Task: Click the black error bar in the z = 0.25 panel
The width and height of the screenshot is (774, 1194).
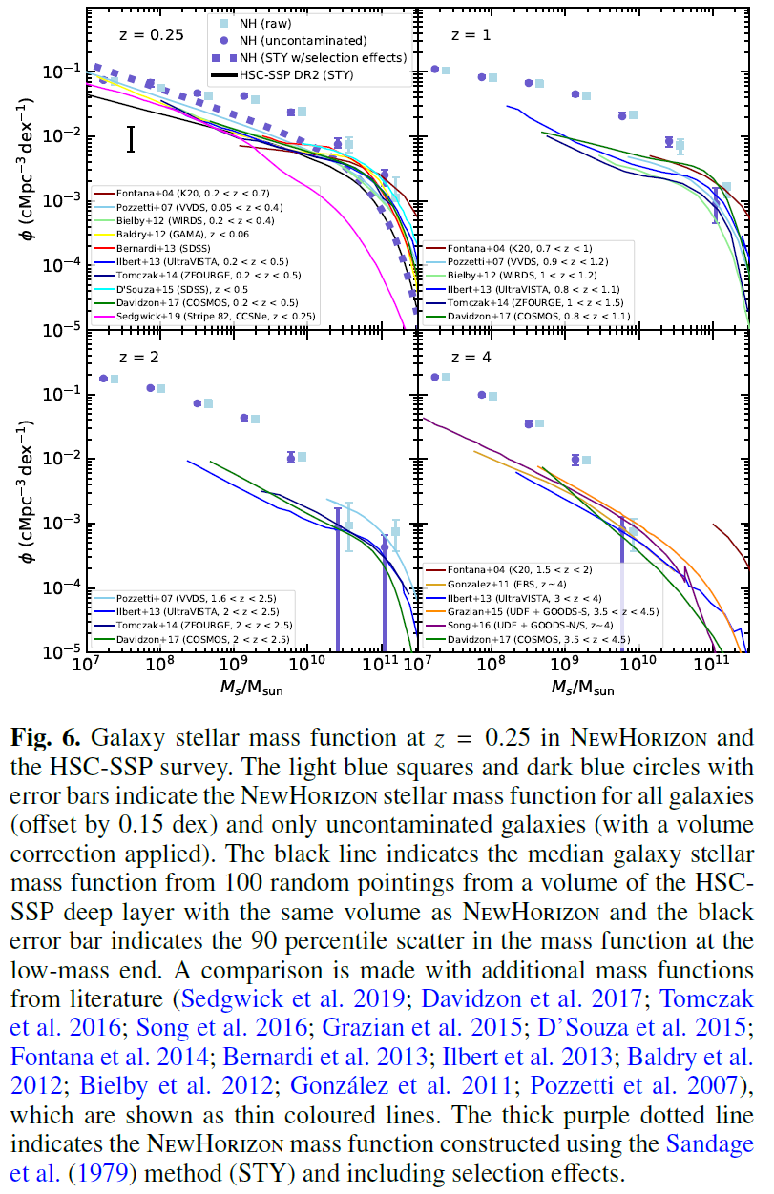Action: pyautogui.click(x=131, y=139)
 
